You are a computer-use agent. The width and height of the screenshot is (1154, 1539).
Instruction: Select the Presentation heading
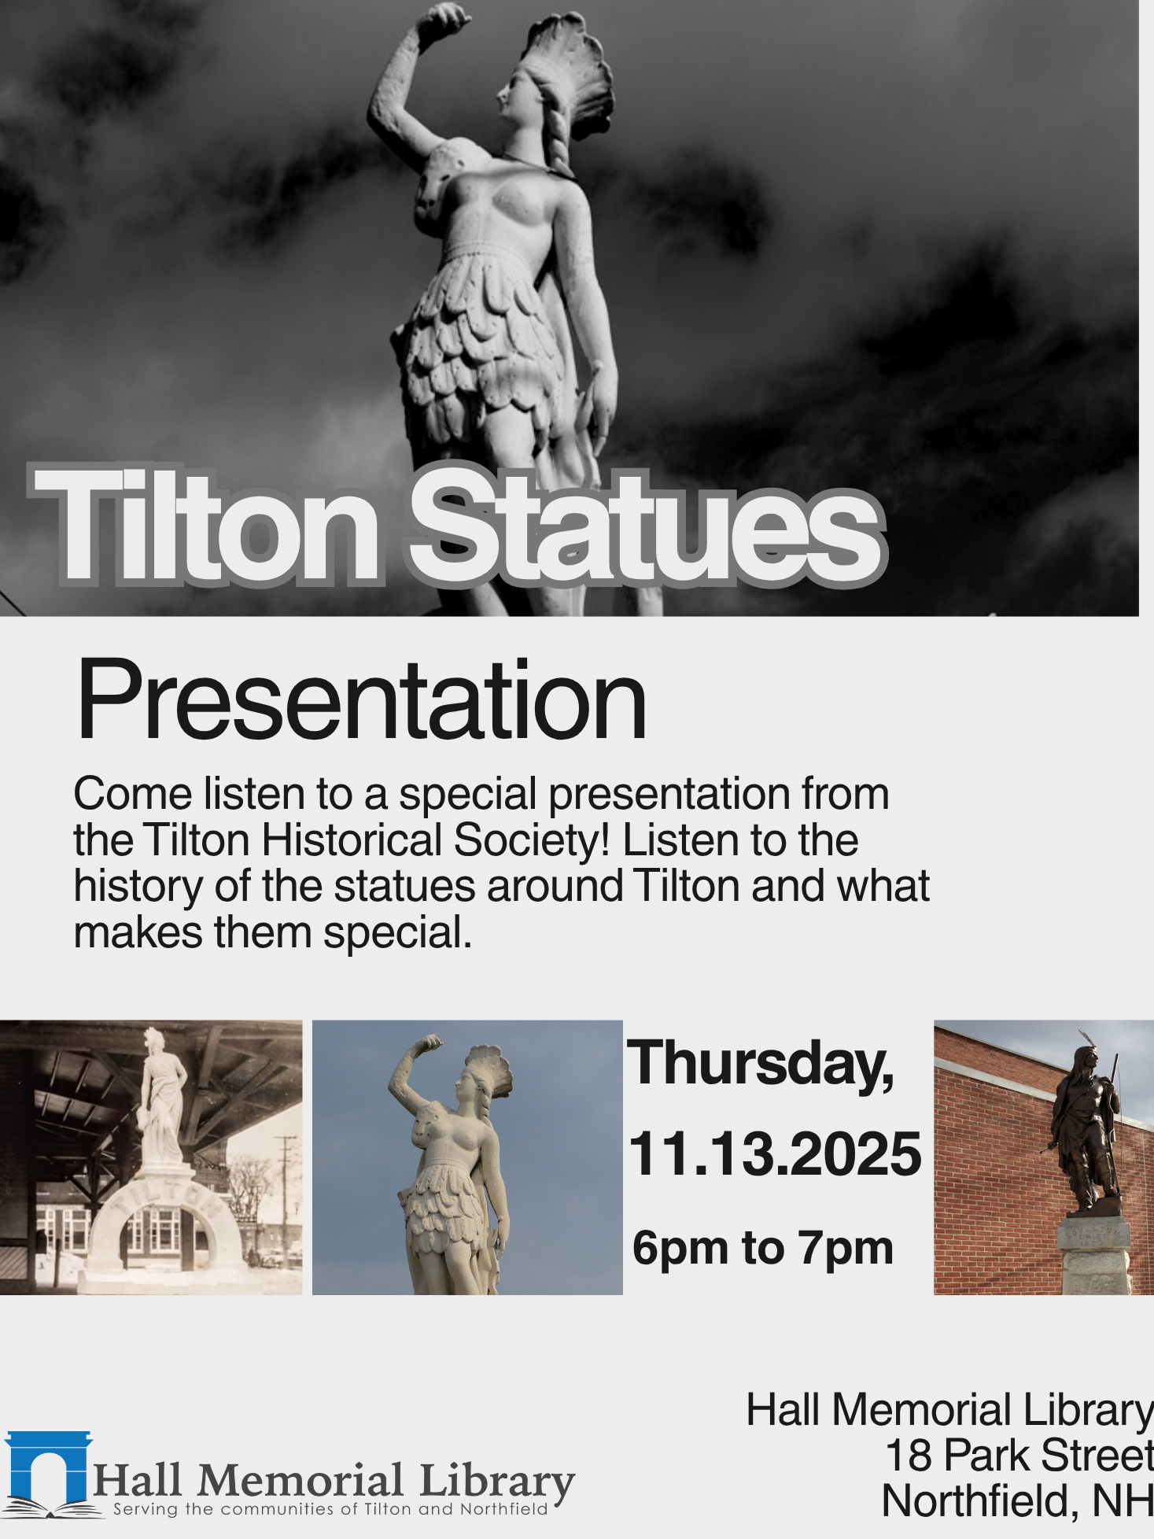(361, 700)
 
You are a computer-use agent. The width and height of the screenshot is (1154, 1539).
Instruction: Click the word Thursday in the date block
(760, 1064)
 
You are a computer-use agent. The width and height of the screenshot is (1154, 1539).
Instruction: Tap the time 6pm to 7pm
(762, 1247)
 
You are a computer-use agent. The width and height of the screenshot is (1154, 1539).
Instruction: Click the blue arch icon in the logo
(49, 1467)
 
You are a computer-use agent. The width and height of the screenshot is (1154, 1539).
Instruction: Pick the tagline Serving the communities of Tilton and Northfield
(330, 1509)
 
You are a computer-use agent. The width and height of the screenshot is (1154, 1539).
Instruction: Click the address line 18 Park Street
(1019, 1455)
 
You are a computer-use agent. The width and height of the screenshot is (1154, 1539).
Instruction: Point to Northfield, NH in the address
(1016, 1500)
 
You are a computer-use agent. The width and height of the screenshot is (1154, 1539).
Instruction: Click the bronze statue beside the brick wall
(1088, 1125)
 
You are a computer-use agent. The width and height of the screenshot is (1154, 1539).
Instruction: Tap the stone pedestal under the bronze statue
(1095, 1255)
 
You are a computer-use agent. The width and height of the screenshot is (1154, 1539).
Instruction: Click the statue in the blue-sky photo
(452, 1164)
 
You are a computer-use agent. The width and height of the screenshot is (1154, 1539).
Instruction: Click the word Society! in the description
(532, 840)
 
